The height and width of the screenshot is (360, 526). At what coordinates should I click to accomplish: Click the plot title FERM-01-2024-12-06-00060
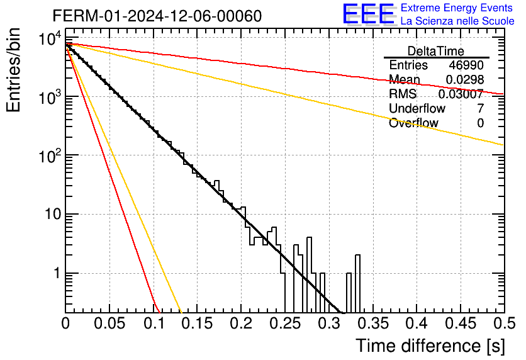pyautogui.click(x=157, y=16)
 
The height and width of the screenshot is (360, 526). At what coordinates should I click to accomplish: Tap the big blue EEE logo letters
pyautogui.click(x=369, y=14)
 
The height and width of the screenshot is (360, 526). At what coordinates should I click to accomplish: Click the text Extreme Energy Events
pyautogui.click(x=457, y=8)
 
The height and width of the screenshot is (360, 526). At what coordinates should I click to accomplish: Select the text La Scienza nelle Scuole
pyautogui.click(x=457, y=21)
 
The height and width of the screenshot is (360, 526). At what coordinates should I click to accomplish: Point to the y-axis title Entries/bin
pyautogui.click(x=13, y=70)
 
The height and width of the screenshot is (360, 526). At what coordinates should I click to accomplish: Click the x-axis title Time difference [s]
pyautogui.click(x=430, y=346)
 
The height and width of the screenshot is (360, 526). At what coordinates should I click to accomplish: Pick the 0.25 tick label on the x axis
pyautogui.click(x=285, y=323)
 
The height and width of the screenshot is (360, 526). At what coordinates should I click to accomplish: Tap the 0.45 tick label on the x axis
pyautogui.click(x=461, y=323)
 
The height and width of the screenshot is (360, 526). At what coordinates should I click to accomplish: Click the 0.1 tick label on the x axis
pyautogui.click(x=154, y=323)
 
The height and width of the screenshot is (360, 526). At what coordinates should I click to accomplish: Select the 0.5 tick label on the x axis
pyautogui.click(x=504, y=323)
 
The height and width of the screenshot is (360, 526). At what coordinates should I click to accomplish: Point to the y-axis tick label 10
pyautogui.click(x=53, y=214)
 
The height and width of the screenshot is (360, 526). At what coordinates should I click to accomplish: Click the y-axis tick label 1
pyautogui.click(x=57, y=273)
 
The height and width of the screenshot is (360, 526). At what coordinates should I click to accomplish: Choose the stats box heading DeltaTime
pyautogui.click(x=436, y=51)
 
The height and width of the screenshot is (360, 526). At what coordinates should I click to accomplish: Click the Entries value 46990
pyautogui.click(x=466, y=65)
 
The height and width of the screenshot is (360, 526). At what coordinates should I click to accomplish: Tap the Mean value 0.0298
pyautogui.click(x=464, y=79)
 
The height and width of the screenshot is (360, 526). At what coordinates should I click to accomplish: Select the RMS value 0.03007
pyautogui.click(x=461, y=94)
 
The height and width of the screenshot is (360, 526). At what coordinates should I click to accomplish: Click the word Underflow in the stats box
pyautogui.click(x=417, y=108)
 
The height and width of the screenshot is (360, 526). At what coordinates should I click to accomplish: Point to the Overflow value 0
pyautogui.click(x=480, y=123)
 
